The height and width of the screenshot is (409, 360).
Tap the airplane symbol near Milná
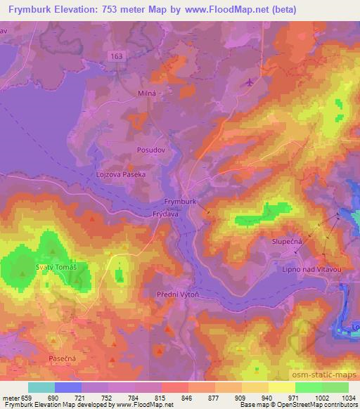[249, 83]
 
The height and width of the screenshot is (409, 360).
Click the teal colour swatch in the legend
[41, 387]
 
